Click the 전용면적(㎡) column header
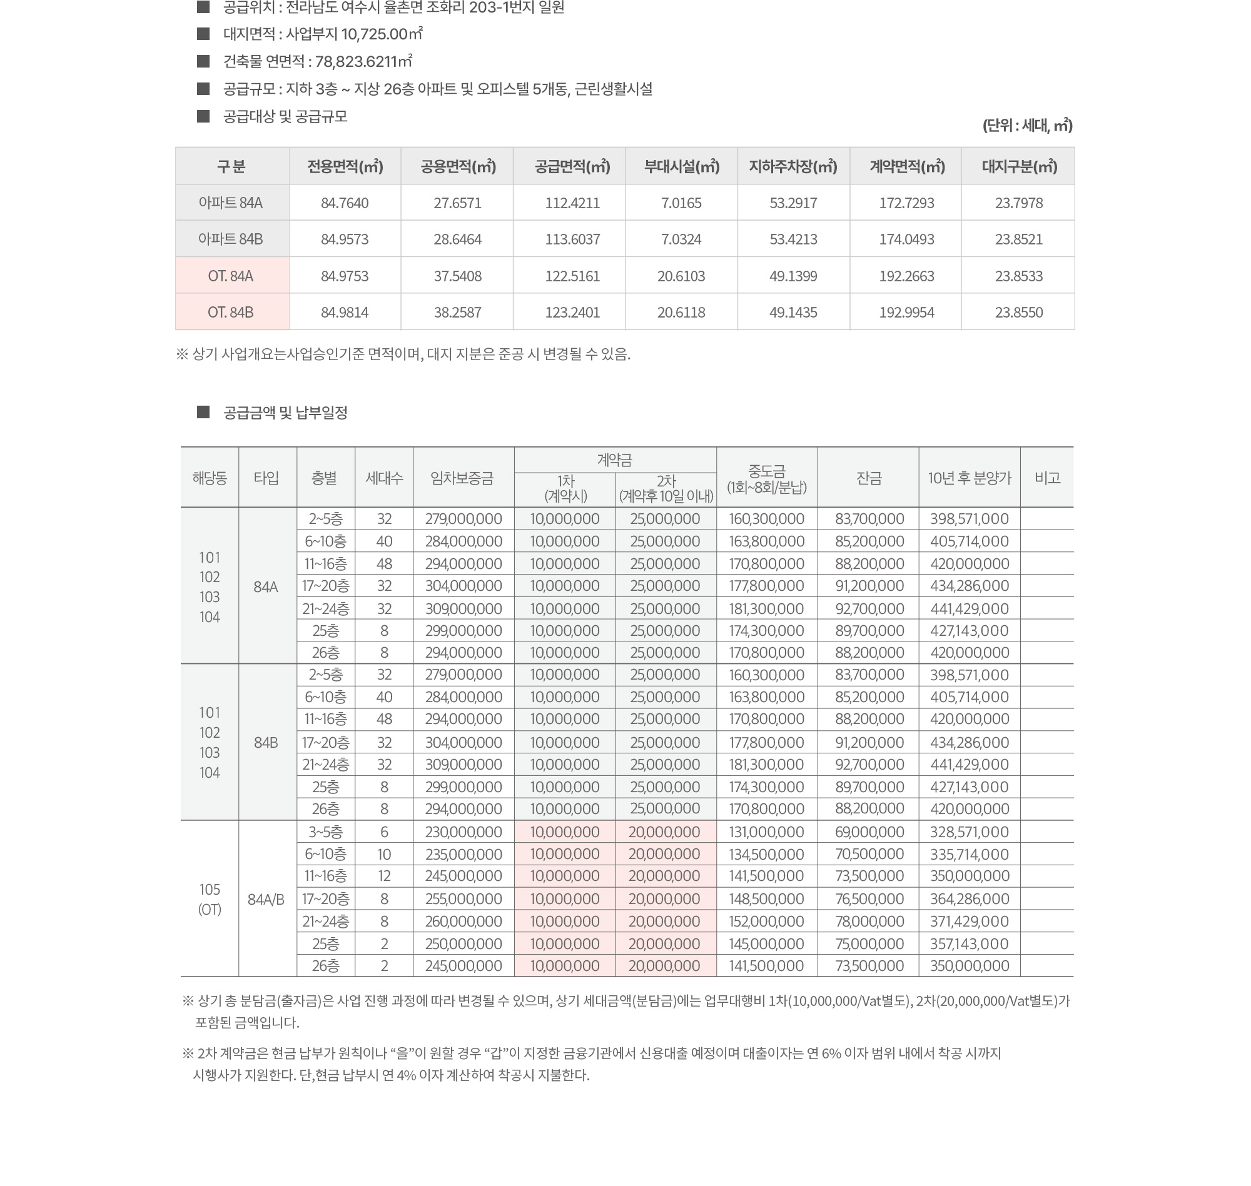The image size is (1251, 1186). coord(345,166)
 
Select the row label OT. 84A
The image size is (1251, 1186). coord(231,276)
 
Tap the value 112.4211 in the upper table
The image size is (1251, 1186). coord(572,203)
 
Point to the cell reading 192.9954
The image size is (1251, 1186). coord(906,313)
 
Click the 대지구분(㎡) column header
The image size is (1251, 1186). coord(1019,166)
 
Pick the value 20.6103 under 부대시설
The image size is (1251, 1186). coord(681,276)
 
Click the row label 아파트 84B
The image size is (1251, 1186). coord(231,239)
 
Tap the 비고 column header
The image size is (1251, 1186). coord(1046,478)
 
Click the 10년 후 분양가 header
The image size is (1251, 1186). coord(969,478)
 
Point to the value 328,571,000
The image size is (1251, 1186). coord(969,832)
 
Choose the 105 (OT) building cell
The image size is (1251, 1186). coord(210,899)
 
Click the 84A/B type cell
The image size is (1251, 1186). coord(266,899)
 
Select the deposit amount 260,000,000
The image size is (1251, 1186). coord(463,921)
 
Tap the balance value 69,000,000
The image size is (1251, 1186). coord(869,832)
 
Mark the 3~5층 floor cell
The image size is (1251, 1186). coord(326,832)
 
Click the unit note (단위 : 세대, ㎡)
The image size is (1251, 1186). coord(1027,125)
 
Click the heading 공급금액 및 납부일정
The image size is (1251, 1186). coord(285,413)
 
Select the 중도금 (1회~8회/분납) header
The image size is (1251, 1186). coord(766,478)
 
